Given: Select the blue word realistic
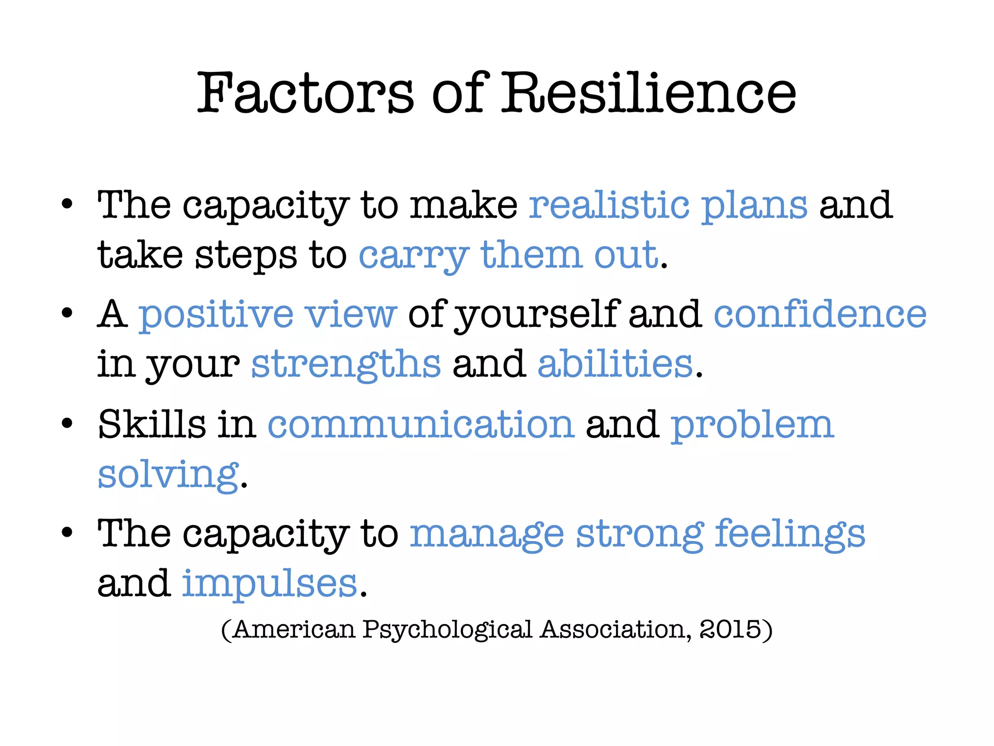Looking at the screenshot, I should [x=609, y=205].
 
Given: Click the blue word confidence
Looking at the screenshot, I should [x=820, y=314].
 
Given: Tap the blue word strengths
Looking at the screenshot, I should [x=346, y=364].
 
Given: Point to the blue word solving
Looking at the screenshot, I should [x=168, y=475].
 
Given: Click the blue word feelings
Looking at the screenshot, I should [x=790, y=534].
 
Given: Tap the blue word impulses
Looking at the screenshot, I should [x=270, y=584].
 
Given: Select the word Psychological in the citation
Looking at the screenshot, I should [x=447, y=630].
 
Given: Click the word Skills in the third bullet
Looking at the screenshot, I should [x=152, y=424].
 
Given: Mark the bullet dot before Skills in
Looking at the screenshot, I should [x=67, y=424].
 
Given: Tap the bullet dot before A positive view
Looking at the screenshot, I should [x=67, y=313].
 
